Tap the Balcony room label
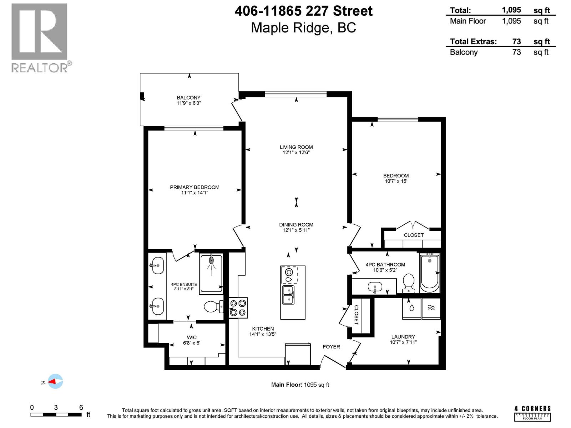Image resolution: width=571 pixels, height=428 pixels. click(188, 97)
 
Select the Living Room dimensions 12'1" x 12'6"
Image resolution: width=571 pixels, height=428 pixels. click(296, 153)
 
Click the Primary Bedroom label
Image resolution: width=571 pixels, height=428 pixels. click(194, 187)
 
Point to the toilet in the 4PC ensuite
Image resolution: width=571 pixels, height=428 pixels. click(213, 306)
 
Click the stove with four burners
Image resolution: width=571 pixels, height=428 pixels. click(238, 308)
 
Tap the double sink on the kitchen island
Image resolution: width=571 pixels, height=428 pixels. click(288, 295)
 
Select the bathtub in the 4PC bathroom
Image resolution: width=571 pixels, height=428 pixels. click(429, 273)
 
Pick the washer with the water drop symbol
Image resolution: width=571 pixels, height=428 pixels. click(411, 308)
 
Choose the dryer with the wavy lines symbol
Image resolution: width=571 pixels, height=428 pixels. click(431, 308)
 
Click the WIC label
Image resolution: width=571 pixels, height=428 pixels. click(192, 337)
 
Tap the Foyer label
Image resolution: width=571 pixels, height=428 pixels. click(331, 347)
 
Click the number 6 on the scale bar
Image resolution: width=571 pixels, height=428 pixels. click(81, 407)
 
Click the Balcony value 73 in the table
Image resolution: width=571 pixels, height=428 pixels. click(516, 52)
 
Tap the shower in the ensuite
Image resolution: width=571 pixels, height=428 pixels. click(211, 273)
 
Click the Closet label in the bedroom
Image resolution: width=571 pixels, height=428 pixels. click(414, 235)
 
